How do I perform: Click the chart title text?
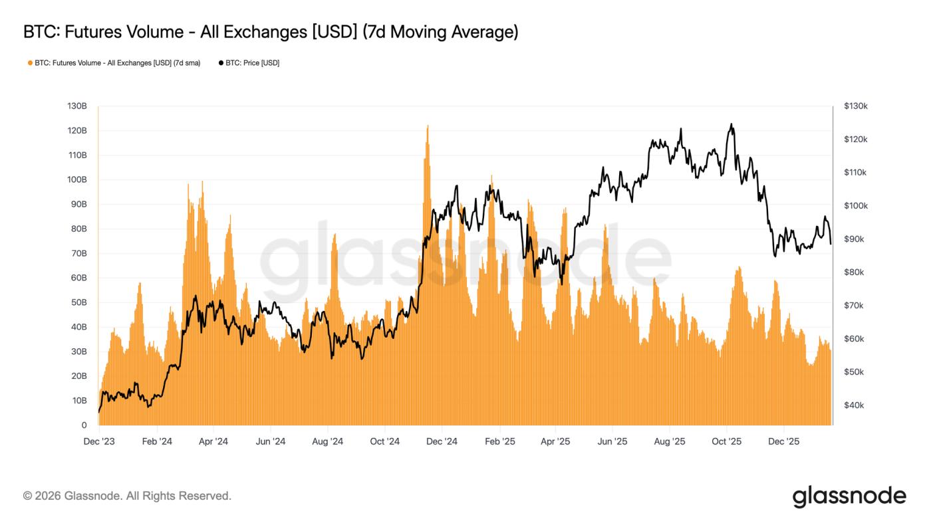tap(270, 31)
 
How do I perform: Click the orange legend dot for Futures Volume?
tap(30, 63)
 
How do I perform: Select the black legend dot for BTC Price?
tap(221, 63)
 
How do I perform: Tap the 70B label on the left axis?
tap(78, 253)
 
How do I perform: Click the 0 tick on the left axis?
tap(84, 425)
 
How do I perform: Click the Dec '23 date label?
tap(98, 442)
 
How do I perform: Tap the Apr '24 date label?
tap(213, 442)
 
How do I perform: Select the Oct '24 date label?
tap(384, 442)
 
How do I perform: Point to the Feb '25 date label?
tap(499, 442)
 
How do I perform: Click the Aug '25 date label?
tap(670, 442)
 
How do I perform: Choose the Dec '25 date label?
tap(784, 442)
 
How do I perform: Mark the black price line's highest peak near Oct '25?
tap(731, 124)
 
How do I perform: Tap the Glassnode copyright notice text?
tap(127, 496)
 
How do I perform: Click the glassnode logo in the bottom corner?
tap(849, 496)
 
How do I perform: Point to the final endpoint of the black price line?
tap(831, 243)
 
